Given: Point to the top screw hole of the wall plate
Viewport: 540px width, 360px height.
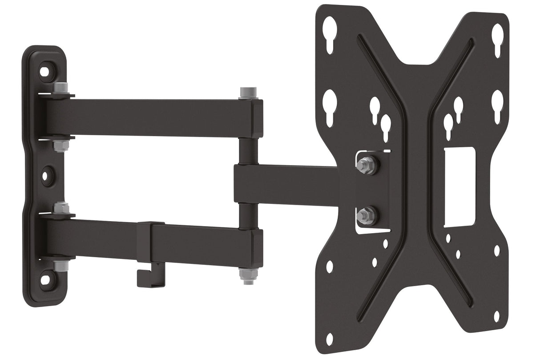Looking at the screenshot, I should coord(45,71).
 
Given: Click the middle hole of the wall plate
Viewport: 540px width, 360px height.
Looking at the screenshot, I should coord(45,175).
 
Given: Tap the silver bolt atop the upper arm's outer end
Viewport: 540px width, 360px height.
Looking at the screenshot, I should coord(246,93).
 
